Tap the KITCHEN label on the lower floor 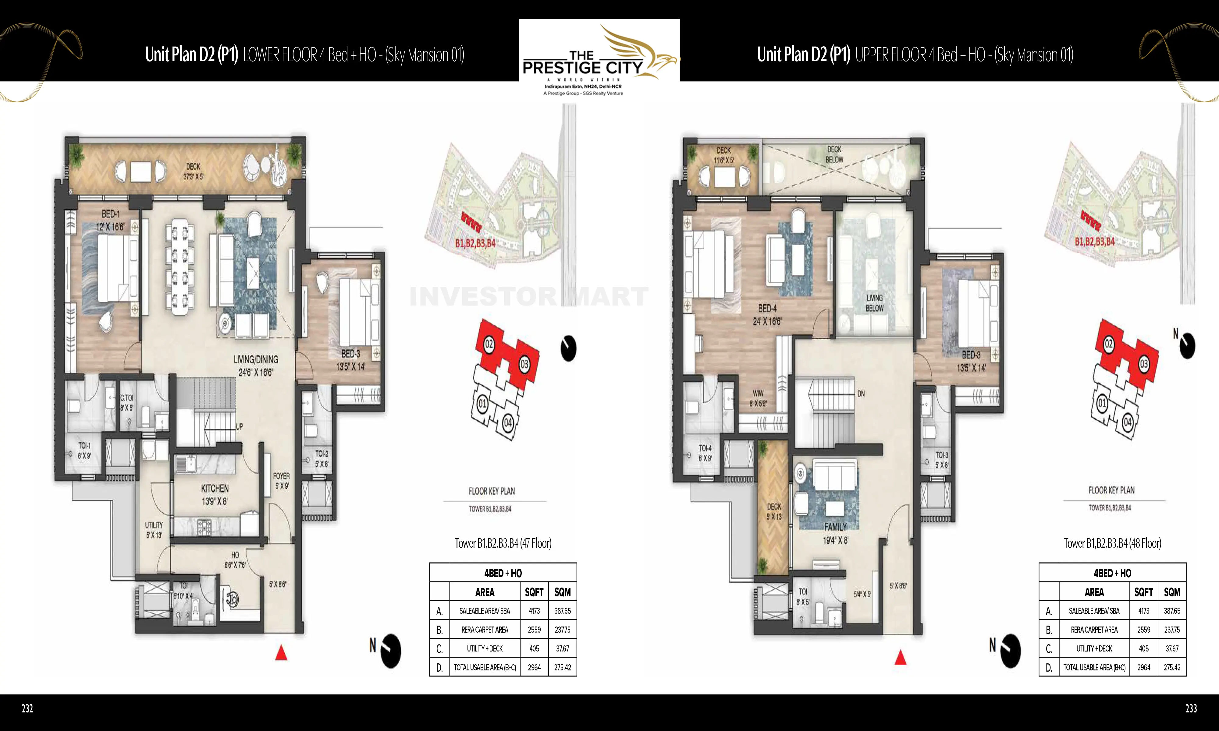click(x=215, y=489)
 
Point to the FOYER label click(x=281, y=476)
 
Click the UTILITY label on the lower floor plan click(x=154, y=525)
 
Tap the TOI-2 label click(x=322, y=454)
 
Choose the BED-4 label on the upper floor click(x=767, y=308)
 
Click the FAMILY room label click(x=836, y=527)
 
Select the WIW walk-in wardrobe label click(x=758, y=393)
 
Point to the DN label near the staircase click(x=861, y=394)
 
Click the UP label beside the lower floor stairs click(x=240, y=427)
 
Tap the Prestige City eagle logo click(x=636, y=52)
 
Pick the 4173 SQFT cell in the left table click(x=534, y=611)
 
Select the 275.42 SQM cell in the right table click(x=1172, y=667)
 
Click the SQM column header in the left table click(x=562, y=592)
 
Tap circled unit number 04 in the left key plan click(x=508, y=423)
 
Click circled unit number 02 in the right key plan click(x=1109, y=344)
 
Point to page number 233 click(x=1191, y=708)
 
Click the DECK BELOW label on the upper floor click(x=834, y=154)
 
